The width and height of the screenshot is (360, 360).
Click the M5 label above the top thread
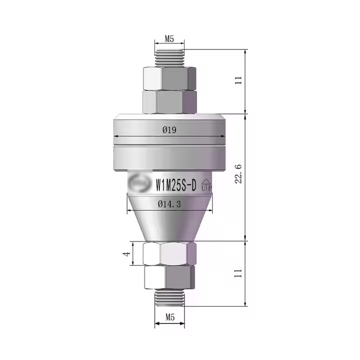(169, 39)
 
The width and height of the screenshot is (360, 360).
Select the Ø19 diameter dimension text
(169, 130)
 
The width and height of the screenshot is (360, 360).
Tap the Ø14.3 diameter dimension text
(169, 203)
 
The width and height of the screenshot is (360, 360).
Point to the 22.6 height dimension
(238, 173)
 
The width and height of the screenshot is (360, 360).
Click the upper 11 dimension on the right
(238, 80)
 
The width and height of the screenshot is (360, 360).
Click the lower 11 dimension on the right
(238, 273)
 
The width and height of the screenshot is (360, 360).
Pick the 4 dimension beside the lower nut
(126, 253)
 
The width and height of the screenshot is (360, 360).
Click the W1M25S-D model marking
(176, 185)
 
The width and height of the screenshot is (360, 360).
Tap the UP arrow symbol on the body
(206, 185)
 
